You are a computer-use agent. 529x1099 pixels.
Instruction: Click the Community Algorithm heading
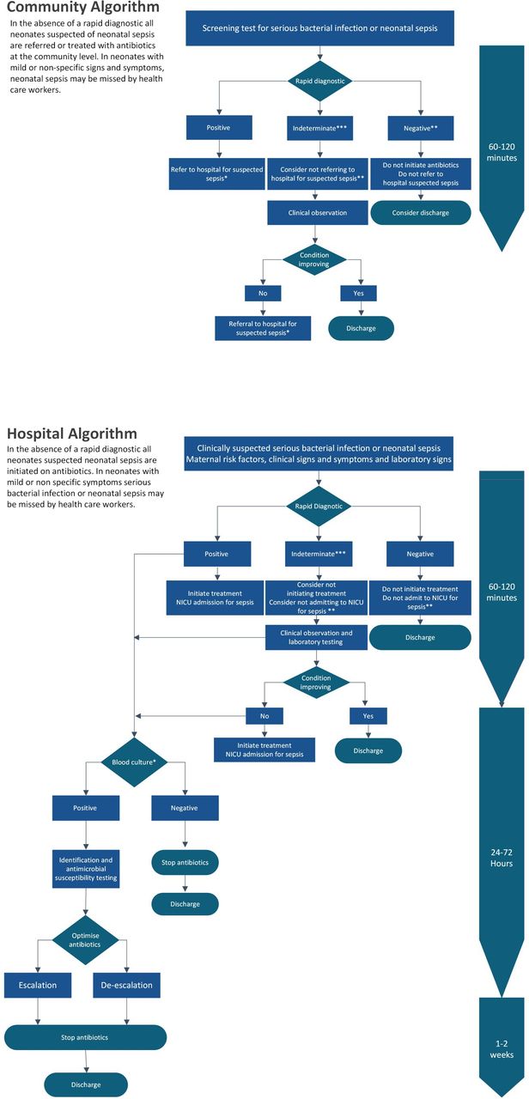83,9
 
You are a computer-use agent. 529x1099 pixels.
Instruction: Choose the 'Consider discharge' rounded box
420,212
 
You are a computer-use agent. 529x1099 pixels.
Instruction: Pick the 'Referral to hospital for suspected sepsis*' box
264,327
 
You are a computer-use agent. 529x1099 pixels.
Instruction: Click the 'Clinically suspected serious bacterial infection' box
318,453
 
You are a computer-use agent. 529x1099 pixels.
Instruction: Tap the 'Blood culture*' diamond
134,761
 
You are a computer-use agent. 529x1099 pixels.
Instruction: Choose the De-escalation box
127,985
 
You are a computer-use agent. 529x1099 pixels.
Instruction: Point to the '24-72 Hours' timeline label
502,858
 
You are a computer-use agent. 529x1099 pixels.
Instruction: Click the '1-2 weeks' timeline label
502,1049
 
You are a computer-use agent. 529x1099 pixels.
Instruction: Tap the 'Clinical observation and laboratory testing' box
318,636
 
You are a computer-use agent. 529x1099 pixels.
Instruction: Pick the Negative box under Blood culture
185,808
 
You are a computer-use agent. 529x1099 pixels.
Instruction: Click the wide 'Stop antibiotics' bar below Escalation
84,1036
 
